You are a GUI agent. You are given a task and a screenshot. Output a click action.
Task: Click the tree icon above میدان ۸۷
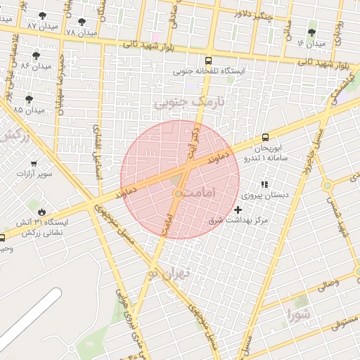pos(43,15)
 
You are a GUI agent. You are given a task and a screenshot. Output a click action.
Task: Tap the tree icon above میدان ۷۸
pos(82,22)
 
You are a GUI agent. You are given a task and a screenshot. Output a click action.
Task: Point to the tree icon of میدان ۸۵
pos(29,99)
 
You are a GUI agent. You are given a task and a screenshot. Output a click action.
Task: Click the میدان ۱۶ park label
pos(311,44)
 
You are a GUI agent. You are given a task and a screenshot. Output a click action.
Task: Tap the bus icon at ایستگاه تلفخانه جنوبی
pos(207,60)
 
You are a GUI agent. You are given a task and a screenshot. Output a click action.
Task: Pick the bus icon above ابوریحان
pos(265,137)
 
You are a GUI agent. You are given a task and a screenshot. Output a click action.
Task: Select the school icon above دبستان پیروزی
pos(264,184)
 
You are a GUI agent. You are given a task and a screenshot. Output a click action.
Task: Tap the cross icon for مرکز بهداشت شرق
pos(238,210)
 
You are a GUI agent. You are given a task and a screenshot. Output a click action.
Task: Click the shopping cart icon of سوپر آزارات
pos(31,162)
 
